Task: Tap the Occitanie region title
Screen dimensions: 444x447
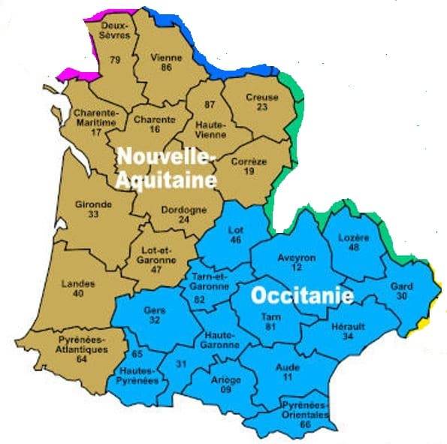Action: (x=302, y=295)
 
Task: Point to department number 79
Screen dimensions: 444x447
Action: (x=115, y=59)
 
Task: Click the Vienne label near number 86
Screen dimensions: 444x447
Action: (x=162, y=56)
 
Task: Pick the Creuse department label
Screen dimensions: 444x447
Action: (x=261, y=97)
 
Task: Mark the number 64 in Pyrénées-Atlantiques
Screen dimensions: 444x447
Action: (x=82, y=359)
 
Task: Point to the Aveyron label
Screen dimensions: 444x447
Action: (x=297, y=257)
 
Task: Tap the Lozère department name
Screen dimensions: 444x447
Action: (x=354, y=237)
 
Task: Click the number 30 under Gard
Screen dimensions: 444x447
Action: (x=402, y=296)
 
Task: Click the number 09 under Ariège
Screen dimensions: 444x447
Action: (x=226, y=390)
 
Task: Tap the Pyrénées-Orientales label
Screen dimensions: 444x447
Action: (x=305, y=409)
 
